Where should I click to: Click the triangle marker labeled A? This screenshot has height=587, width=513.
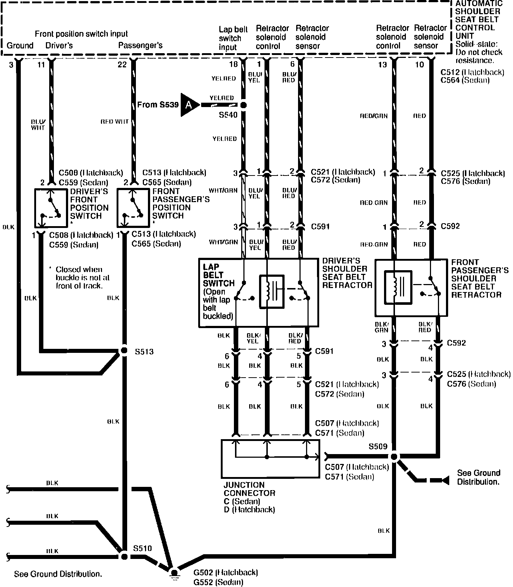coord(189,105)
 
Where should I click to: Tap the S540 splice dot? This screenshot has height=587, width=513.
coord(243,105)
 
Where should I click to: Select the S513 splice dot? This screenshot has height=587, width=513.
coord(124,351)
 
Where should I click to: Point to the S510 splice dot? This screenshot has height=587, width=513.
coord(124,556)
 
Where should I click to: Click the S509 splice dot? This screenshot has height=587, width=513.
coord(394,456)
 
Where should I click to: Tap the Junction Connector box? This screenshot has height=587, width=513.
coord(270,459)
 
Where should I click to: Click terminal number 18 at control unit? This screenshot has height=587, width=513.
coord(233,64)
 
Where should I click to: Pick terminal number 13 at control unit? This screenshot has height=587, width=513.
coord(382,64)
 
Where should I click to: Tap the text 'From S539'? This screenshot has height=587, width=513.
coord(158,105)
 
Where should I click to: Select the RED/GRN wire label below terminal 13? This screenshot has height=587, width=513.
coord(374,116)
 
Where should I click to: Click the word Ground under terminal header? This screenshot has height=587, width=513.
coord(20,46)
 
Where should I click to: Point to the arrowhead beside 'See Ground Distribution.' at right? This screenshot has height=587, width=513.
coord(445,480)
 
